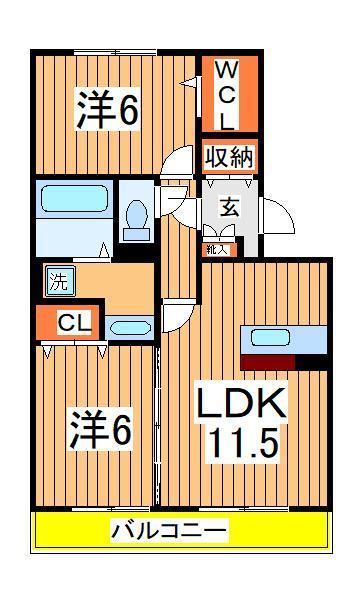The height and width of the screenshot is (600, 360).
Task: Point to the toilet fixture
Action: point(136,216)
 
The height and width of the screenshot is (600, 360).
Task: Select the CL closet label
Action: point(68,323)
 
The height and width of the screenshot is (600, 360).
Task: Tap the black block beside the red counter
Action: point(312,361)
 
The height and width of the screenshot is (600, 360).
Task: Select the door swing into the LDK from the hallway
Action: point(178,317)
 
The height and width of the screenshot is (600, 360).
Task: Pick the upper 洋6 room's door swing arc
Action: point(180,160)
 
